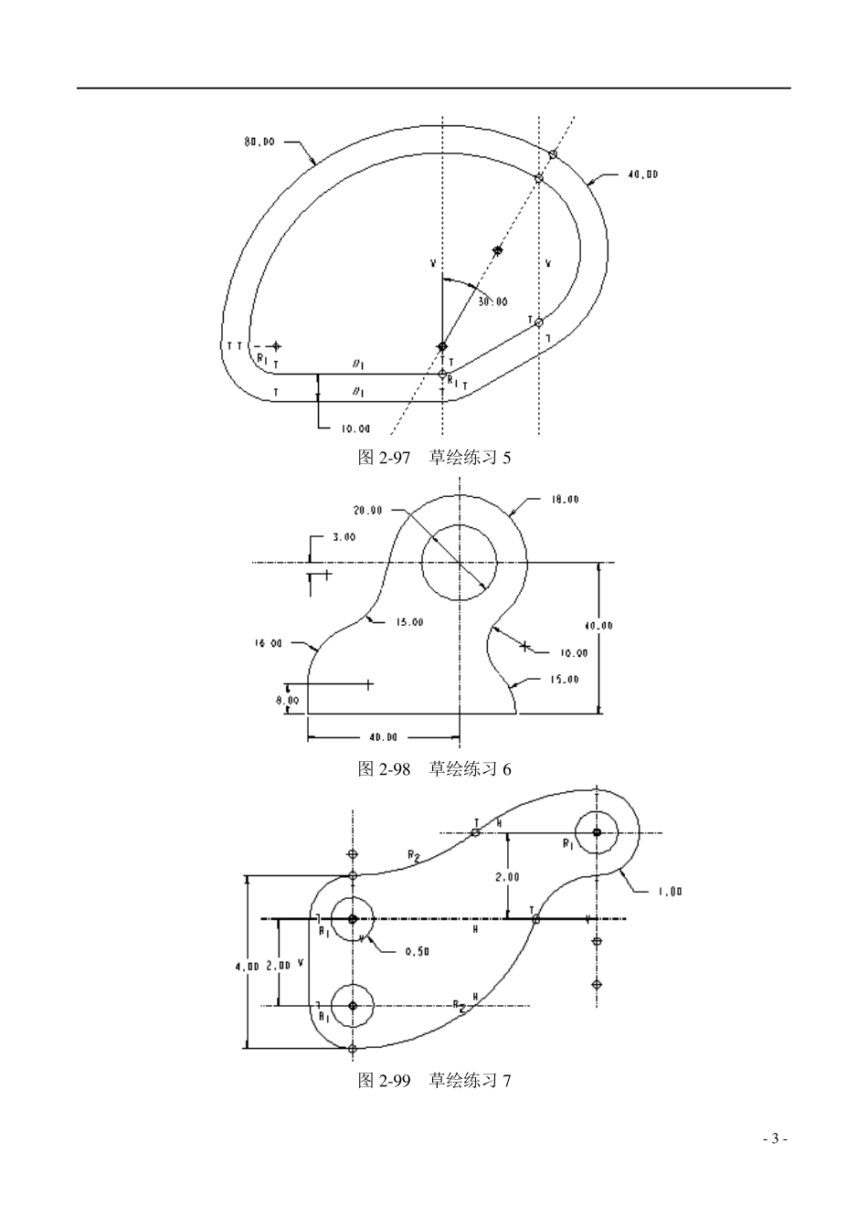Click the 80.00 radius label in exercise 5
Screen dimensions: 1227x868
259,142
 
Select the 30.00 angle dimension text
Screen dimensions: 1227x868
492,301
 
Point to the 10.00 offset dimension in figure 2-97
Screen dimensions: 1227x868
355,428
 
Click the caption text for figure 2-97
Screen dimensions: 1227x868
434,457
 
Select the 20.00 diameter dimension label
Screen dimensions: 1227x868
368,510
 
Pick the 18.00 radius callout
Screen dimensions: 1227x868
564,500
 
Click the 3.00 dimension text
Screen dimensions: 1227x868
344,537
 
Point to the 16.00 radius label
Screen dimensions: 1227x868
268,643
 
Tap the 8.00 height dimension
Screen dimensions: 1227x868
288,700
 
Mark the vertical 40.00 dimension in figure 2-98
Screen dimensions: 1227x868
598,626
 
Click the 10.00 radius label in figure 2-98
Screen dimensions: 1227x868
574,652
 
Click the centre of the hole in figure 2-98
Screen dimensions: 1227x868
459,563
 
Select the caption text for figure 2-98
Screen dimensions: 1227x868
434,769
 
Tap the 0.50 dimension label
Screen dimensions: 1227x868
416,951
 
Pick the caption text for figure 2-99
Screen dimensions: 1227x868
434,1081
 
